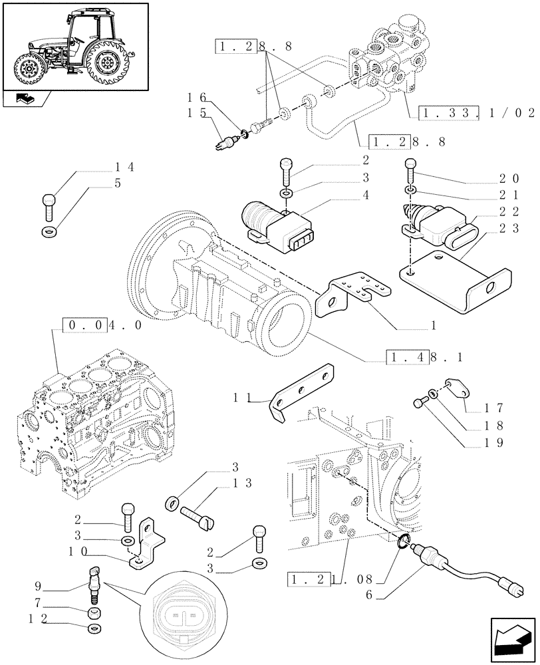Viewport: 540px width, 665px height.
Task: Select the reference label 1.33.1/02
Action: point(477,114)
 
